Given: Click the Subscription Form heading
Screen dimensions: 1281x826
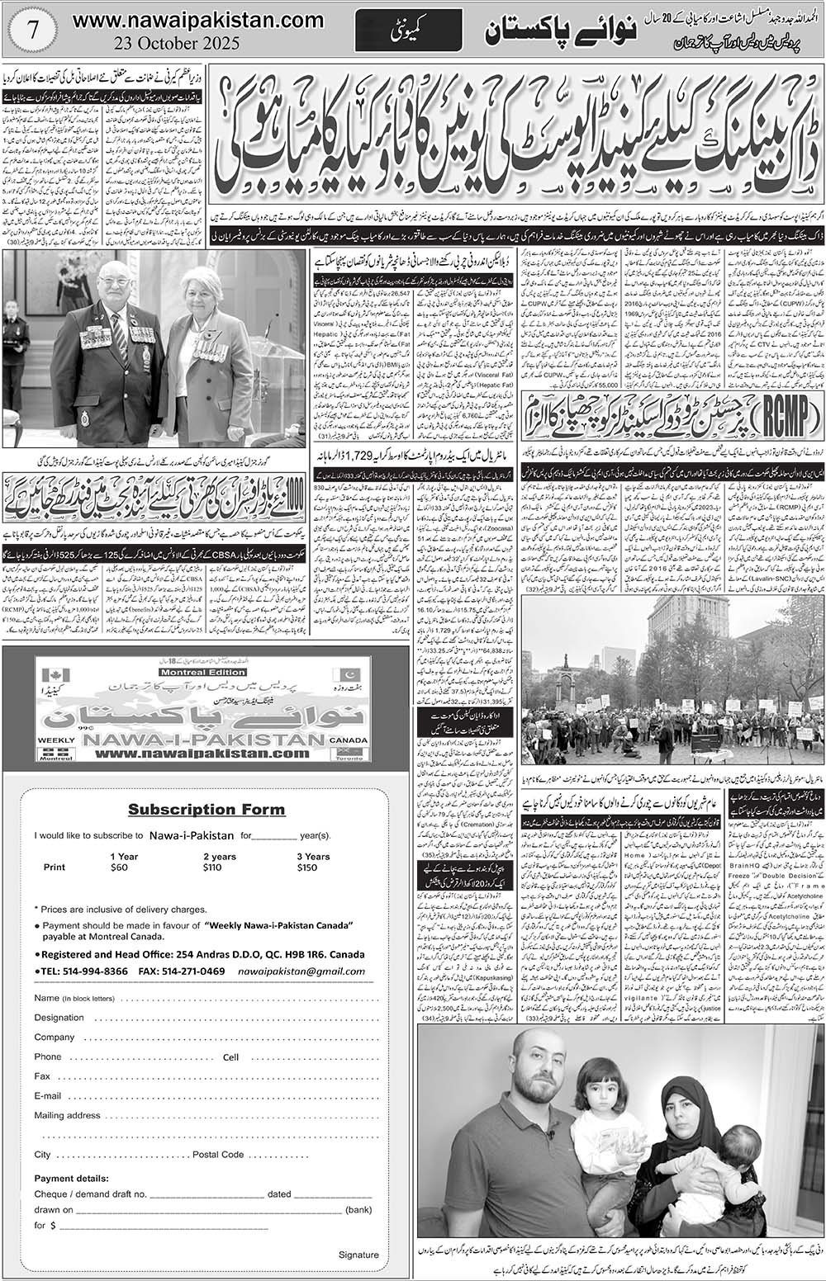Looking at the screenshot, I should click(206, 809).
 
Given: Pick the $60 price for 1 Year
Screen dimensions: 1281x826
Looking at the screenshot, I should click(120, 867).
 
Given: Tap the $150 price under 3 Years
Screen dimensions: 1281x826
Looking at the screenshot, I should click(306, 867).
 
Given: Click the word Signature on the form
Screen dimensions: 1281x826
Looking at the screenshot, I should click(358, 1255).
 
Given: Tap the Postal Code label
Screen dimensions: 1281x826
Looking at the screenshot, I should click(217, 1154).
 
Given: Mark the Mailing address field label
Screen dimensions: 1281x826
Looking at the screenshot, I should click(67, 1115).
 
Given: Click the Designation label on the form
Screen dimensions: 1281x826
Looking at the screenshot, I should click(59, 1018).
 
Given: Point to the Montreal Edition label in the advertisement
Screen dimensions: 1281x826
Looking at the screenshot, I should click(203, 672).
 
